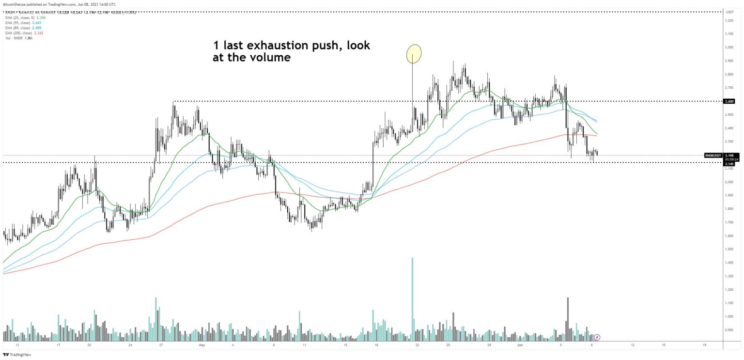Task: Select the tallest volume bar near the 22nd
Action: click(x=412, y=296)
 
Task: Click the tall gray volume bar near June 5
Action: click(x=567, y=315)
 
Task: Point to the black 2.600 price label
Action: click(x=729, y=101)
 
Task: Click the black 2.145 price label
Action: click(x=729, y=164)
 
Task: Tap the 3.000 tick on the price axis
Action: click(x=728, y=47)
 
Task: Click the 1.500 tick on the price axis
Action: click(x=728, y=249)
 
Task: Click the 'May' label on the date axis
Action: click(x=202, y=345)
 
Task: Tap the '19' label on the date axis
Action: click(x=704, y=345)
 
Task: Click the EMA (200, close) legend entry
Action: click(x=19, y=33)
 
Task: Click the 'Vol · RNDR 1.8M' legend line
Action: click(x=16, y=38)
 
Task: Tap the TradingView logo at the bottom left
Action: click(x=17, y=355)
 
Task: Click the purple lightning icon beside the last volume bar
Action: click(x=597, y=337)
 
